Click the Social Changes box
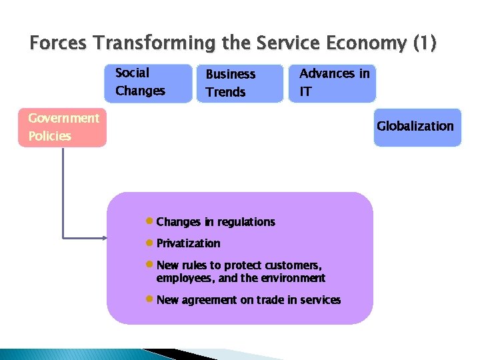(x=147, y=82)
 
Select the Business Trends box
(x=239, y=83)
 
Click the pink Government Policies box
(x=62, y=127)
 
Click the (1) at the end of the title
(x=425, y=44)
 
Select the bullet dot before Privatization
(x=150, y=243)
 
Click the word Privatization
(x=188, y=243)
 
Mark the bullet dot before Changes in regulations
(x=150, y=221)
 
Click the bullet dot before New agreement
(x=150, y=299)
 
